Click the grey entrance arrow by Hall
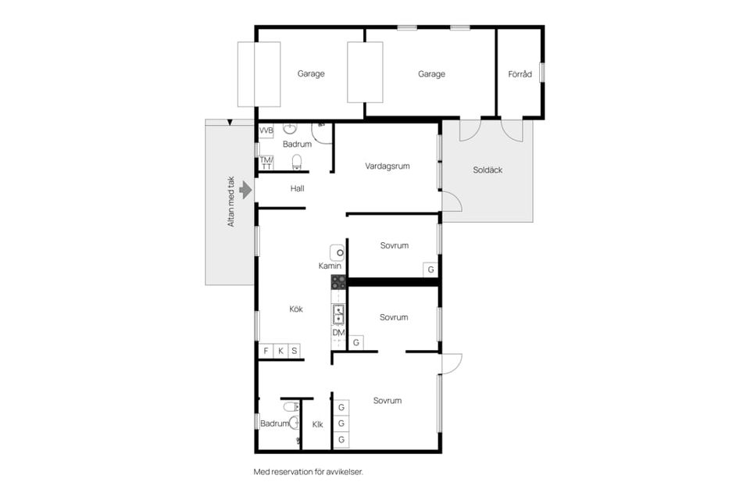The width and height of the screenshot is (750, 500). [245, 190]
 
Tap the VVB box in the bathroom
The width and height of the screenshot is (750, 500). [266, 130]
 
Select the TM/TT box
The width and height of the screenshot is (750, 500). [266, 162]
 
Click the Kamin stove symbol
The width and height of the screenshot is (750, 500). [337, 252]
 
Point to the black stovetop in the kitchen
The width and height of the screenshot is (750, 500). [338, 282]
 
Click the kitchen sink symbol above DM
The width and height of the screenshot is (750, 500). [338, 314]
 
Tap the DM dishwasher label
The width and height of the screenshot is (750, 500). [338, 333]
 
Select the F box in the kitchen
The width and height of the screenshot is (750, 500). [266, 351]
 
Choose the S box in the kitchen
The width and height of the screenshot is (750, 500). [295, 351]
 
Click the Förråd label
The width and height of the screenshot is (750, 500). [520, 74]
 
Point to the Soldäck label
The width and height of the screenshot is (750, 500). [487, 170]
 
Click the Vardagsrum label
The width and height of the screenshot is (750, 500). [387, 166]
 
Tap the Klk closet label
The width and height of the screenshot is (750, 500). [318, 424]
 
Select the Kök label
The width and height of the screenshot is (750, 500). [296, 309]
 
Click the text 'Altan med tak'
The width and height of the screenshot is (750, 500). [231, 202]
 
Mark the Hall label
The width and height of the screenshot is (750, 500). [297, 188]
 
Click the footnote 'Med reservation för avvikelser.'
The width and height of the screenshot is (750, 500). [309, 472]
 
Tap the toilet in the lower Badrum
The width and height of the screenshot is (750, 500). [291, 407]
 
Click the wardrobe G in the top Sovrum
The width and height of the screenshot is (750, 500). [430, 270]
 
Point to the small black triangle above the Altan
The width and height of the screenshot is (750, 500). [230, 123]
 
